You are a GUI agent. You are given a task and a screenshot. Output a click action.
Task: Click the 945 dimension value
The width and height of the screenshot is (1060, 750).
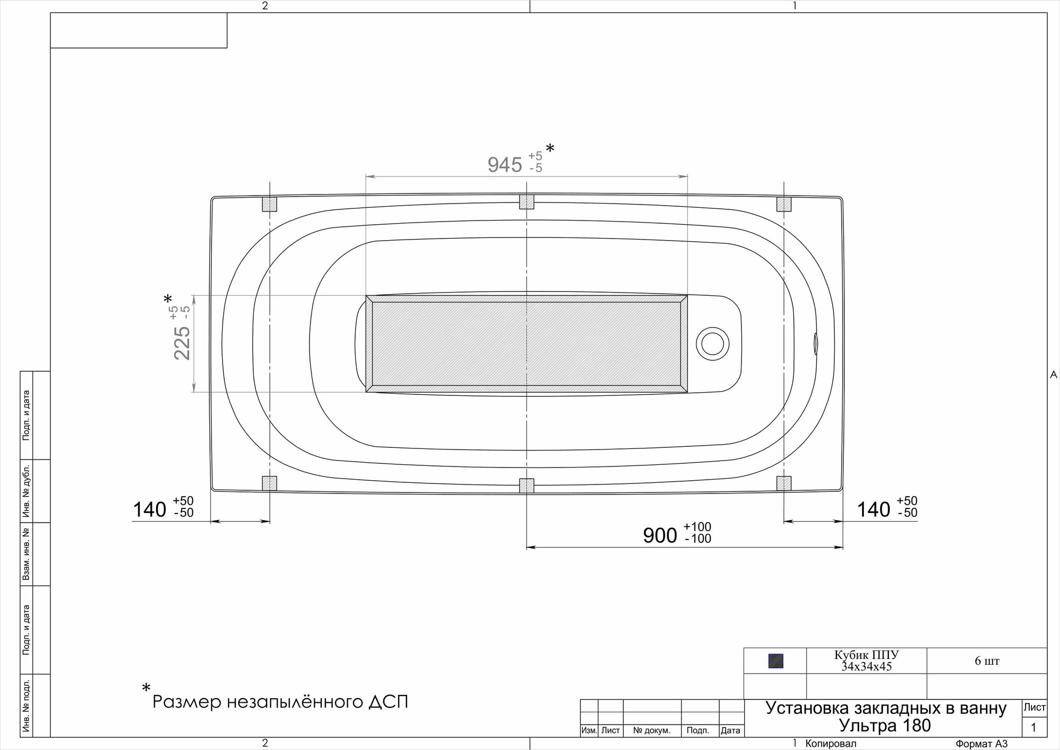[505, 165]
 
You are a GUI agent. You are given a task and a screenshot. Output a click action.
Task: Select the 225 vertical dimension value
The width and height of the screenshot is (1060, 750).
[182, 342]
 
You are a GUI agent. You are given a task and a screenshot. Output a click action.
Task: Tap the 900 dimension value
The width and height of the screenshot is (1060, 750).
[660, 535]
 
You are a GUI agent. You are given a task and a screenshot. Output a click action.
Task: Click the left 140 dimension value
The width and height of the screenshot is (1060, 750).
[149, 509]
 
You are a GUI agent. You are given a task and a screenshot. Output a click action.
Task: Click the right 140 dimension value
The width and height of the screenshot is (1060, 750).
[873, 509]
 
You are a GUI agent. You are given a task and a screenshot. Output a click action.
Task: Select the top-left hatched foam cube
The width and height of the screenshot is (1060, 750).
[270, 204]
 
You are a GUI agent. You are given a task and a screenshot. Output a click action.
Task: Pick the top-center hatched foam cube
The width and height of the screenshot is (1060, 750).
[526, 201]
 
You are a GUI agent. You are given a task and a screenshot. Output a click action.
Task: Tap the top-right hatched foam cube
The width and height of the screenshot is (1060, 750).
[784, 204]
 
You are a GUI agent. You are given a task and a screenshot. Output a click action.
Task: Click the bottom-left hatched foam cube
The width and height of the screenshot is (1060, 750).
[270, 483]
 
